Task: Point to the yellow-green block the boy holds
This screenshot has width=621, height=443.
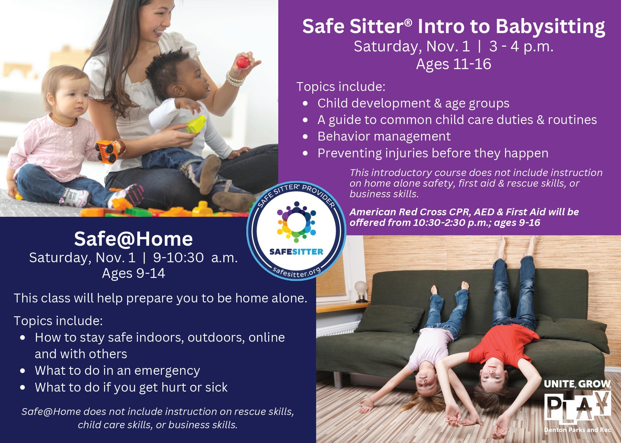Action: (x=196, y=124)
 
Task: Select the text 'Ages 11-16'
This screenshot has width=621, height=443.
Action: (x=453, y=64)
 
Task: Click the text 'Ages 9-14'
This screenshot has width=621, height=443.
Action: (x=133, y=273)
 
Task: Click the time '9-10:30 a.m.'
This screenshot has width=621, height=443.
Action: (x=195, y=258)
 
